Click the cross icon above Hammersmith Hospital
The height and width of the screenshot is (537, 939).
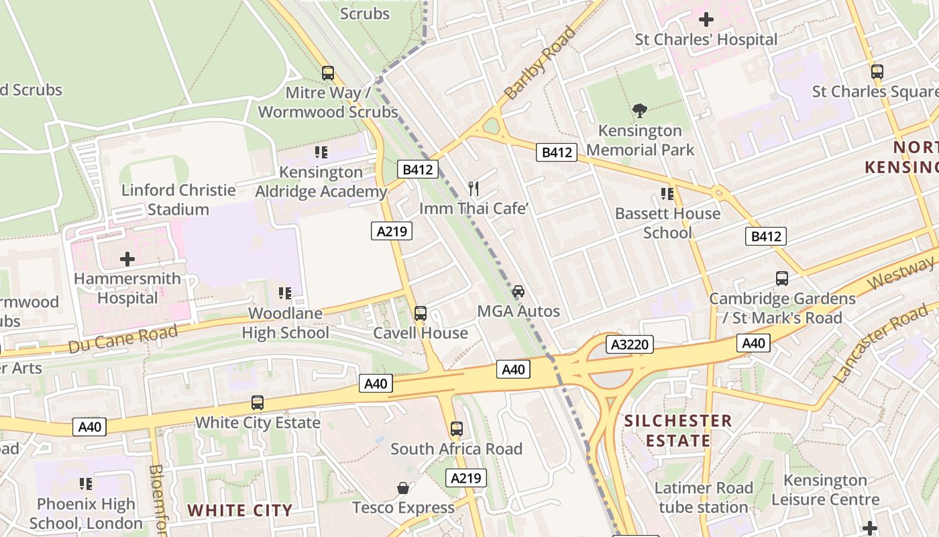coord(127,259)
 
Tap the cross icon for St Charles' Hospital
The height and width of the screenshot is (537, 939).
coord(706,19)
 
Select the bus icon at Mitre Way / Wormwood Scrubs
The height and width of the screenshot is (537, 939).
coord(327,72)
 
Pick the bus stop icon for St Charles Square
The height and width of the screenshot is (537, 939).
coord(877,71)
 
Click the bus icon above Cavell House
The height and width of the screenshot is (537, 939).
coord(421,313)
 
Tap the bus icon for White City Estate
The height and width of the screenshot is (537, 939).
coord(258,403)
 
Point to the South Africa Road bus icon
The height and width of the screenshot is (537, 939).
coord(457,428)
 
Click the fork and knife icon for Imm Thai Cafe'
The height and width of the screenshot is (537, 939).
coord(474,188)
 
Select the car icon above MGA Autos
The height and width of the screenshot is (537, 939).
coord(518,291)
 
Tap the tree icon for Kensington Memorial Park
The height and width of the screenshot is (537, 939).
coord(640,110)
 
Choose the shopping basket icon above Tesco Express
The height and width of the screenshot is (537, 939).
coord(403,487)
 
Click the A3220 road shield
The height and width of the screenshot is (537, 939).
coord(630,345)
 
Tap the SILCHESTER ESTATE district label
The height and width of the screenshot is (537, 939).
coord(678,431)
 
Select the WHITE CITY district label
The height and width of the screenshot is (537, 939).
coord(240,510)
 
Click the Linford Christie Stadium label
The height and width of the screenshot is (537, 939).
coord(178,199)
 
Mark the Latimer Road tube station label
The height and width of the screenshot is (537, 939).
coord(704,497)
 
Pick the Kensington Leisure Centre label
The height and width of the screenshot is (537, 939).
coord(825,490)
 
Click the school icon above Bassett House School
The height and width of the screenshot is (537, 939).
coord(667,194)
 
